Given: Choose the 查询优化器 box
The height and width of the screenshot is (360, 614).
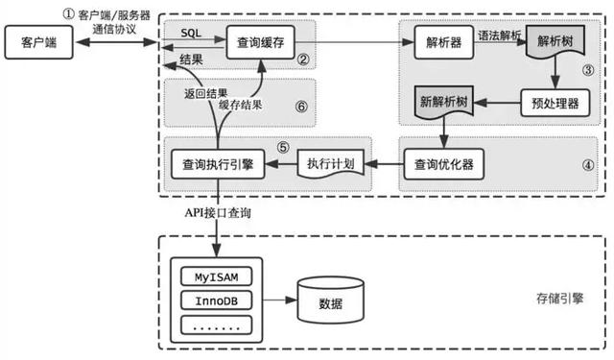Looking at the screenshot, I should (x=441, y=164).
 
